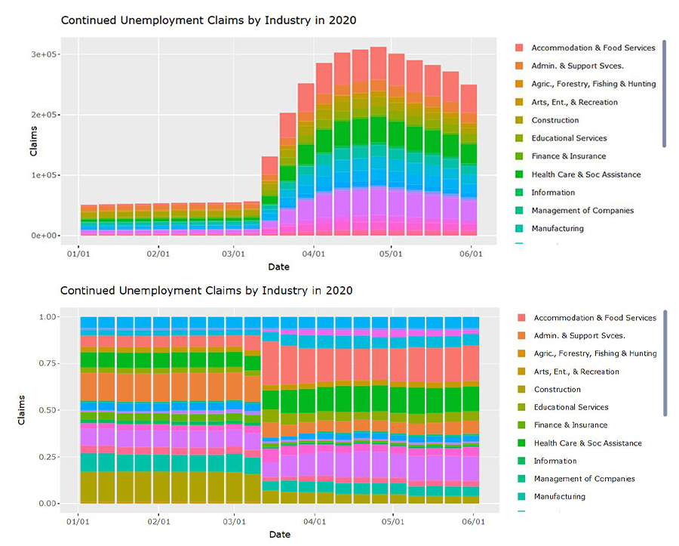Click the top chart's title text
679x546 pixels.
coord(207,20)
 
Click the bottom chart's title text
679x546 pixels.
coord(206,290)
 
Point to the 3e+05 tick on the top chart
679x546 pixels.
coord(45,54)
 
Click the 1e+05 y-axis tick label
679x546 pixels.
coord(45,175)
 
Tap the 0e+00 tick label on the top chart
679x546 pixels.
coord(45,236)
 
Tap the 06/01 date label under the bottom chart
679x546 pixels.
coord(472,522)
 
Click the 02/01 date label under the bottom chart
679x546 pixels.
coord(158,522)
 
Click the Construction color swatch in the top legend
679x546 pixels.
coord(519,120)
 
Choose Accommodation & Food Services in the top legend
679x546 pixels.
coord(593,48)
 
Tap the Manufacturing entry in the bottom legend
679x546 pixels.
coord(559,496)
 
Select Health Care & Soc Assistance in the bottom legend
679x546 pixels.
coord(587,443)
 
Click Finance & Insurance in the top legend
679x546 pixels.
coord(568,156)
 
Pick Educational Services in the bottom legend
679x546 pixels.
coord(570,407)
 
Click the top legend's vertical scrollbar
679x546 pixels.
coord(664,93)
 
